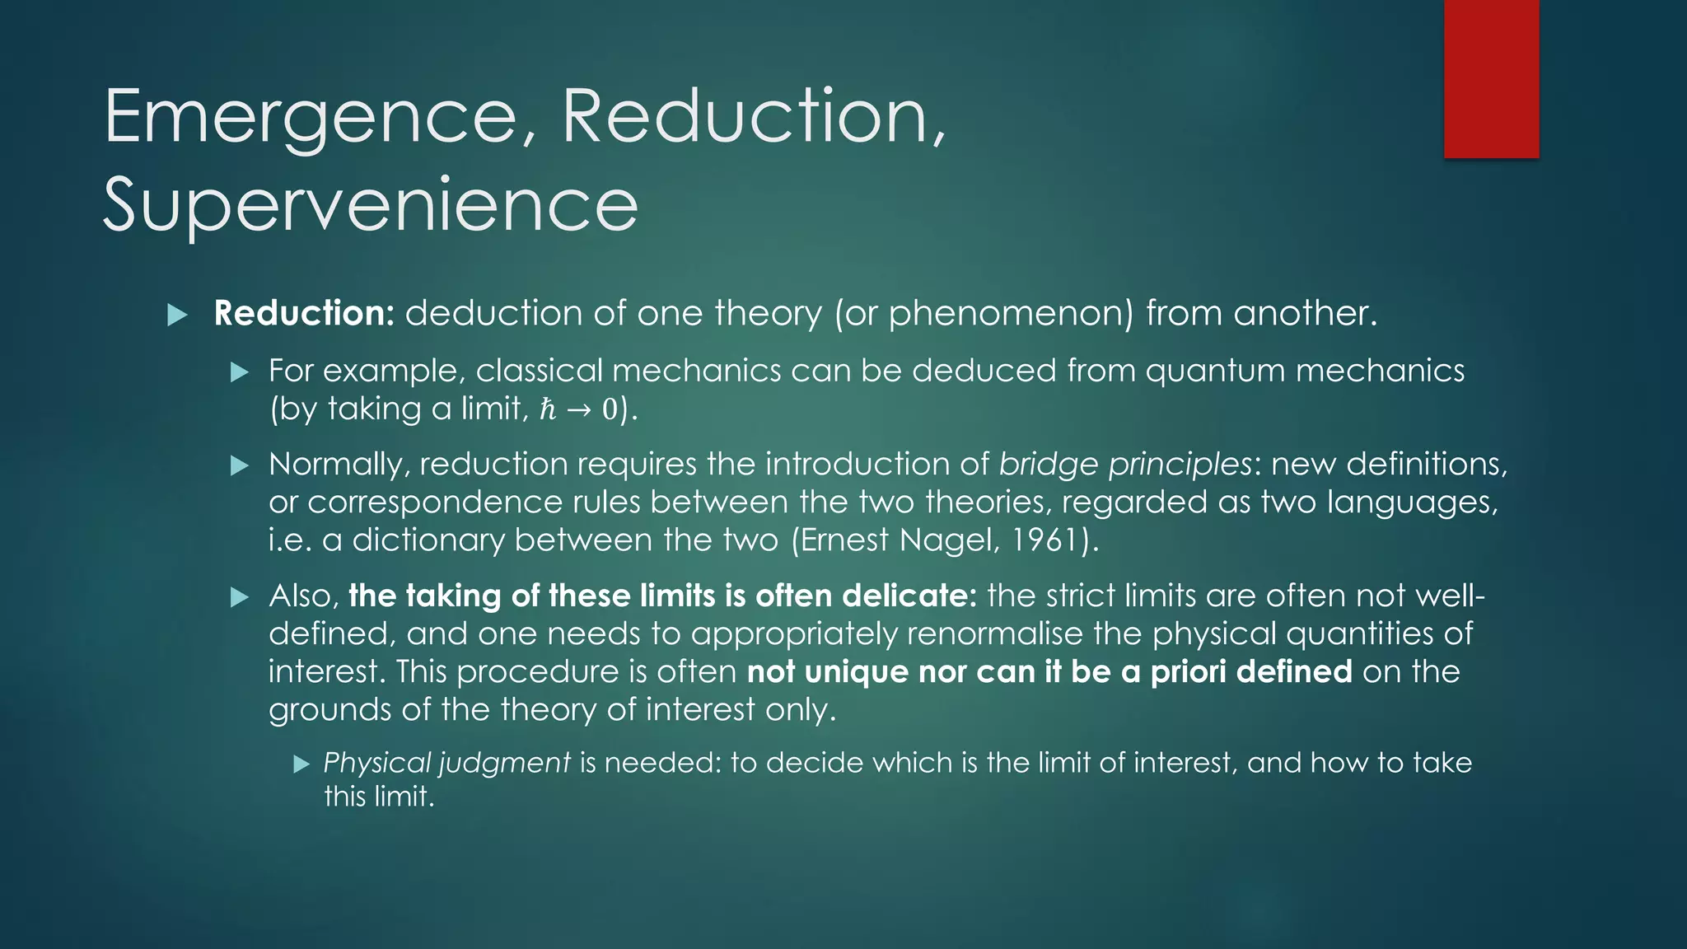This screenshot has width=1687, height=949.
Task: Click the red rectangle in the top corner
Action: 1491,79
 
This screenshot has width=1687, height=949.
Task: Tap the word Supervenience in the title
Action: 370,205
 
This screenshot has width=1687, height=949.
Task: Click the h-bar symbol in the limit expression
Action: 548,409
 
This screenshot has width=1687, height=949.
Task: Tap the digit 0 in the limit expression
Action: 609,409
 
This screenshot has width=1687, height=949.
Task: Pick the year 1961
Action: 1045,540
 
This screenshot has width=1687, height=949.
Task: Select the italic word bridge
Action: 1048,465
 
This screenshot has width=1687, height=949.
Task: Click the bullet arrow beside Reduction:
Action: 177,315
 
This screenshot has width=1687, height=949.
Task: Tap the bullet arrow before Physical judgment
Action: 301,764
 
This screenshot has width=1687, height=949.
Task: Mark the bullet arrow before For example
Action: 240,372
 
